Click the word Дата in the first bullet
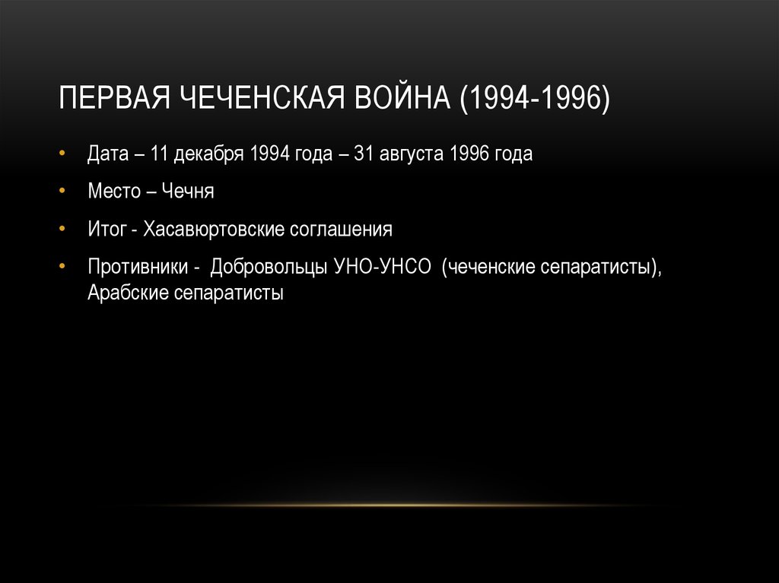click(107, 154)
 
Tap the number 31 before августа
click(362, 154)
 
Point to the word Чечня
click(187, 191)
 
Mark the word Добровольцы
click(270, 268)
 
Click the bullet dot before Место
click(62, 191)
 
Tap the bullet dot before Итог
click(62, 229)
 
